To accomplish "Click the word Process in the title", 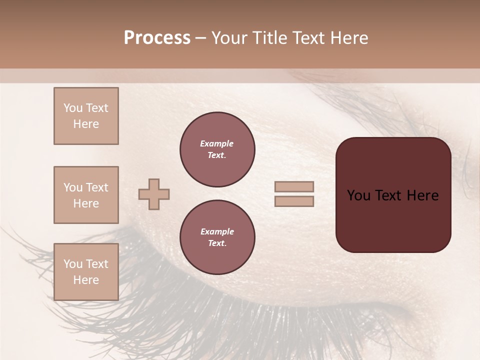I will coord(157,38).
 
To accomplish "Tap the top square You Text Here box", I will coord(86,116).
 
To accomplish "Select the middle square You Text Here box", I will coord(86,195).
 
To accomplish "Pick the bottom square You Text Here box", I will coord(86,271).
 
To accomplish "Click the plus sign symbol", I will coord(154,194).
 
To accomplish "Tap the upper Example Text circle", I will coord(217,149).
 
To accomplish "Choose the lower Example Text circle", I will coord(217,237).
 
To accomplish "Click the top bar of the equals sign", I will coord(294,186).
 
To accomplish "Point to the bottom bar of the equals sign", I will coord(294,201).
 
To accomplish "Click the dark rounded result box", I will coord(393,220).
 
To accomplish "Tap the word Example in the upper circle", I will coord(217,143).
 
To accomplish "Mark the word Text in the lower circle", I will coord(217,243).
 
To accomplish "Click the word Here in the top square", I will coord(86,124).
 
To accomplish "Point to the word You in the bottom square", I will coord(73,263).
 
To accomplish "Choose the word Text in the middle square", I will coord(96,187).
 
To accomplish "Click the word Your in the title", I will coord(228,38).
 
